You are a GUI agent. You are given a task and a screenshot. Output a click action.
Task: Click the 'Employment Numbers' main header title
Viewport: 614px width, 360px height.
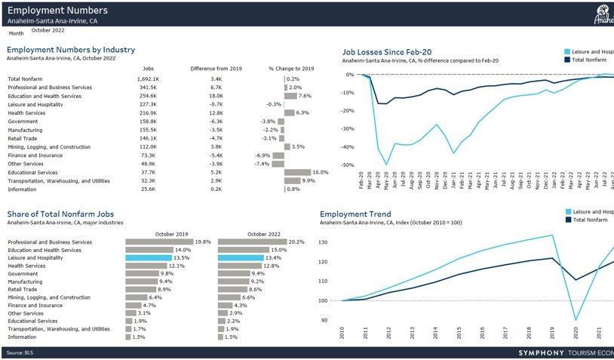click(x=57, y=11)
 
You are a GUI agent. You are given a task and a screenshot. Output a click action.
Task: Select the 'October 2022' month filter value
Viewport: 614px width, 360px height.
click(x=48, y=30)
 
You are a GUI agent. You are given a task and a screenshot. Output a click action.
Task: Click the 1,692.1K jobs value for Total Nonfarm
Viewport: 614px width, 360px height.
click(x=148, y=79)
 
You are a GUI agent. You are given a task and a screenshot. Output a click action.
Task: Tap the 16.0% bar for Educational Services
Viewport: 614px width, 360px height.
click(x=297, y=172)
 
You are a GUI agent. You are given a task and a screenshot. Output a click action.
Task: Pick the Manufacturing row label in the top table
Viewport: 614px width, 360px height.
click(x=26, y=130)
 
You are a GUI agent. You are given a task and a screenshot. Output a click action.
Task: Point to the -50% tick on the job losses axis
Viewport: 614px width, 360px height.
click(x=346, y=165)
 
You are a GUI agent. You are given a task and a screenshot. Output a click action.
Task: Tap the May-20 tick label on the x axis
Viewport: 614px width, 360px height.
click(x=385, y=184)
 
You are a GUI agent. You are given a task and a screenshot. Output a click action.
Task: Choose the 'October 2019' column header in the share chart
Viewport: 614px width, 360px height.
click(x=170, y=233)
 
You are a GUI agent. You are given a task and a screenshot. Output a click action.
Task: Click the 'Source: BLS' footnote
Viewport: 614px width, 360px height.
click(x=20, y=353)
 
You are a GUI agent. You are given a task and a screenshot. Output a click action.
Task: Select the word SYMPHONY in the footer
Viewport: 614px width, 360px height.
click(x=542, y=353)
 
